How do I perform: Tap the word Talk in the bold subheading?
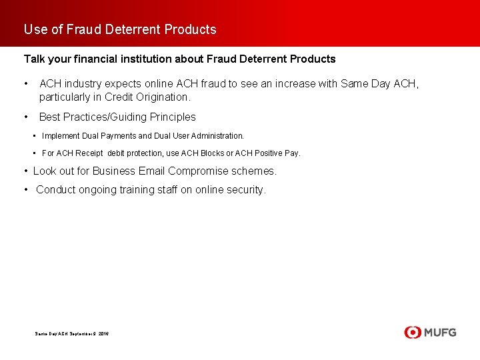pyautogui.click(x=35, y=59)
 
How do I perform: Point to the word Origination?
pyautogui.click(x=160, y=97)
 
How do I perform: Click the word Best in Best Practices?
pyautogui.click(x=50, y=117)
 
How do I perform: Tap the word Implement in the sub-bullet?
pyautogui.click(x=61, y=136)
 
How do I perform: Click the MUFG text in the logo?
pyautogui.click(x=439, y=332)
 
